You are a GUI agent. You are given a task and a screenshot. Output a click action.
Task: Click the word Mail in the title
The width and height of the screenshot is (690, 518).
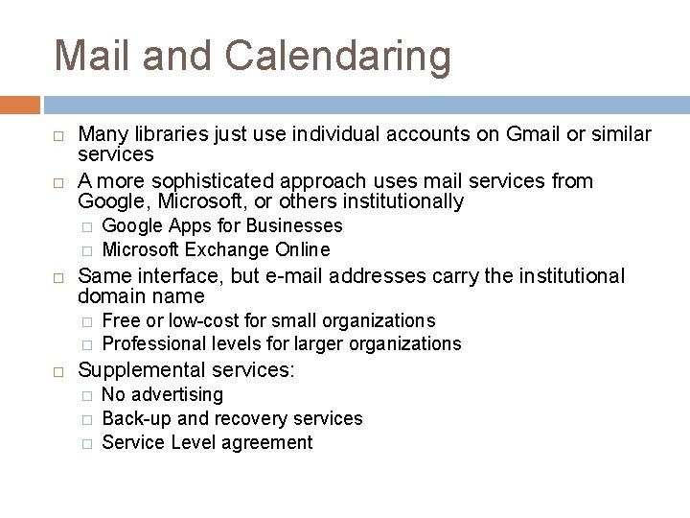[x=89, y=55]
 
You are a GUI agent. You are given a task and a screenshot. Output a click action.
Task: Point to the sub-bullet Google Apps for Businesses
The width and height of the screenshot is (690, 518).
[x=221, y=226]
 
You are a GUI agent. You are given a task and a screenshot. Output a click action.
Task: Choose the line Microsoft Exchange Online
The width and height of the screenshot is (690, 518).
[x=216, y=249]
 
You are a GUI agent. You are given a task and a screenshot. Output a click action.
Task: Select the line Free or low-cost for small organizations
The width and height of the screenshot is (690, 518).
[x=268, y=320]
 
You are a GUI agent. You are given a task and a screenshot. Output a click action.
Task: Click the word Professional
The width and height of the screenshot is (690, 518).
[x=151, y=343]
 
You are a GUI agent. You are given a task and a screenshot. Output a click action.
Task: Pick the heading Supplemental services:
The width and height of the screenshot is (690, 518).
[x=187, y=369]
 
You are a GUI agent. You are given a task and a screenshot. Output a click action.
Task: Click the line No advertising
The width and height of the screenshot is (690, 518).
[x=162, y=394]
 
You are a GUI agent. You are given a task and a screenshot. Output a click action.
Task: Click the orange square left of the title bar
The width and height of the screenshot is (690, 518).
[x=20, y=104]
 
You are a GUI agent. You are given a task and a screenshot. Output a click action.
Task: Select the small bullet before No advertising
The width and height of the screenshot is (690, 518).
[x=86, y=395]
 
